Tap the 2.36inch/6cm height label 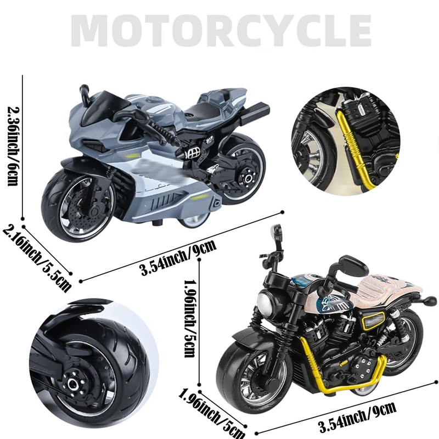click(12, 146)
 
